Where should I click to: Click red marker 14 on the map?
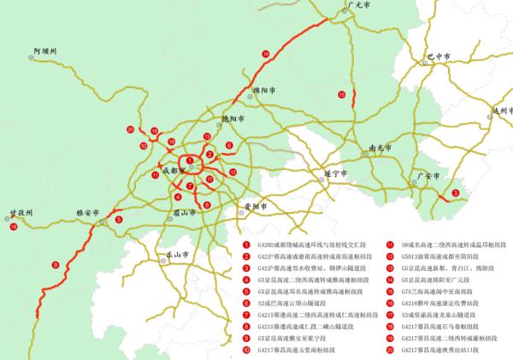point(266,55)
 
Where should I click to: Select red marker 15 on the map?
point(341,94)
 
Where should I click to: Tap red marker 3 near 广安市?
point(455,193)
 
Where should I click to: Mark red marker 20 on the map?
point(130,130)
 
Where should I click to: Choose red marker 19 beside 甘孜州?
point(14,227)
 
